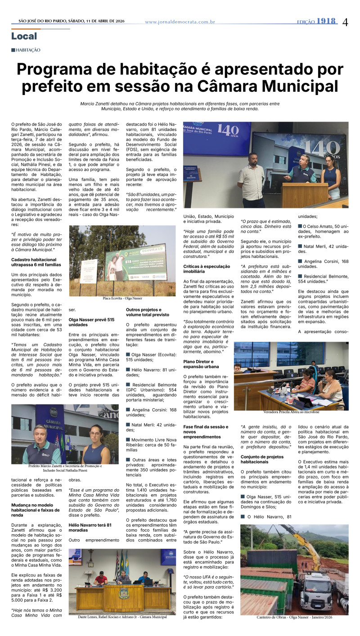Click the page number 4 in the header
point(345,22)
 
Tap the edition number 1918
point(326,21)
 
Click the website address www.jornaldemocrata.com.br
point(180,22)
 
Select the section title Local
point(24,36)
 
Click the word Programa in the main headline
point(57,70)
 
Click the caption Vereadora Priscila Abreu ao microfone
point(291,412)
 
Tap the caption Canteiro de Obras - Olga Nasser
point(294,618)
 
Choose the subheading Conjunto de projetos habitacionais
point(261,459)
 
